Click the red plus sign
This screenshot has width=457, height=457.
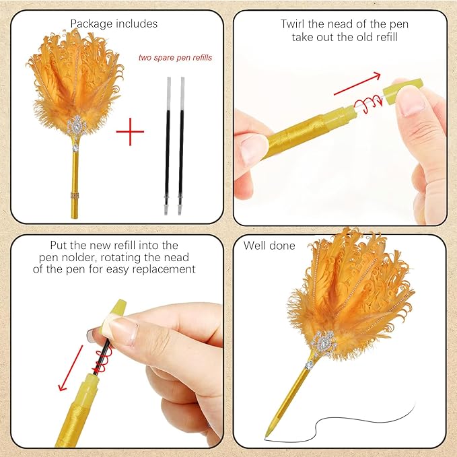pyautogui.click(x=130, y=132)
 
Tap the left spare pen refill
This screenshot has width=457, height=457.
pyautogui.click(x=167, y=146)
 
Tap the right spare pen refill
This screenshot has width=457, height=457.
pyautogui.click(x=181, y=146)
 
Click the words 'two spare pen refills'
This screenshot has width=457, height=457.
pyautogui.click(x=175, y=58)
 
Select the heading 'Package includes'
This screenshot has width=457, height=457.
pyautogui.click(x=114, y=24)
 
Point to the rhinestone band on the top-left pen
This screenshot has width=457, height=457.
pyautogui.click(x=75, y=196)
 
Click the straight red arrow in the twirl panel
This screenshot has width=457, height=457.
pyautogui.click(x=357, y=84)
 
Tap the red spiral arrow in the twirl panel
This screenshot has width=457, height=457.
pyautogui.click(x=367, y=105)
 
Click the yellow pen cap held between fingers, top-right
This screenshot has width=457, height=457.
pyautogui.click(x=402, y=92)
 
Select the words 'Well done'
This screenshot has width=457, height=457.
pyautogui.click(x=269, y=246)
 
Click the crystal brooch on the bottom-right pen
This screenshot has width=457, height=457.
pyautogui.click(x=322, y=343)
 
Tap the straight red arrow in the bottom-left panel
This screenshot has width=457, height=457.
pyautogui.click(x=71, y=367)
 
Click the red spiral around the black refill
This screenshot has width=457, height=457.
pyautogui.click(x=103, y=362)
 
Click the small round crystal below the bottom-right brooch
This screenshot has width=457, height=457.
pyautogui.click(x=309, y=365)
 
